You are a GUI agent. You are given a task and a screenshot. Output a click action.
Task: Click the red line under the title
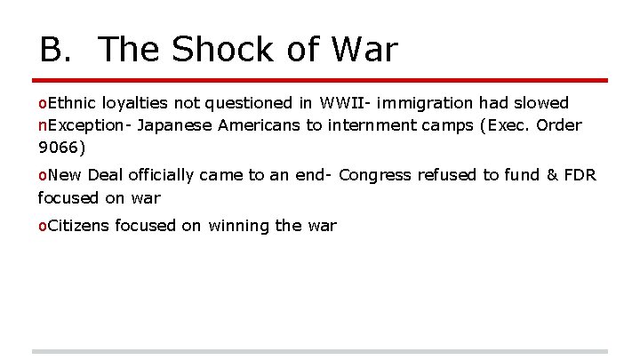point(320,80)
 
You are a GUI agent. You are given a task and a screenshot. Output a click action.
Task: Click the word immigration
point(426,104)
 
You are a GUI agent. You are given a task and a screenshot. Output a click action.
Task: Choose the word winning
point(239,226)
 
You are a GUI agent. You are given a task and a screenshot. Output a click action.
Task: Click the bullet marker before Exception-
point(42,126)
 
